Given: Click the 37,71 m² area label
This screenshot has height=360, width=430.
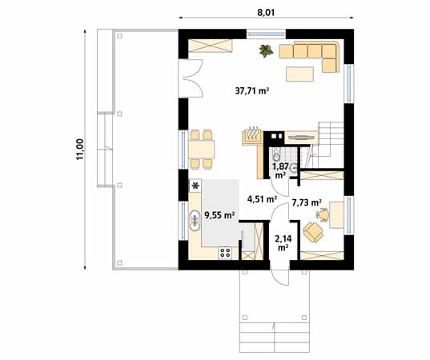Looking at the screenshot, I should [x=251, y=92].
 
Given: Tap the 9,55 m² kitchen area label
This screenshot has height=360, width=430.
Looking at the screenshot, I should [x=218, y=214].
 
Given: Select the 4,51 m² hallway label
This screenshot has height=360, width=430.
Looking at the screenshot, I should [x=261, y=199].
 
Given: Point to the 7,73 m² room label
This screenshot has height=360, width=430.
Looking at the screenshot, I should [x=306, y=202].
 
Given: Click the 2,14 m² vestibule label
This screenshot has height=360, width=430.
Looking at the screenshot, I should [x=283, y=242].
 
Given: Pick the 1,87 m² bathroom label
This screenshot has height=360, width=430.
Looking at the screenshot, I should [x=280, y=169].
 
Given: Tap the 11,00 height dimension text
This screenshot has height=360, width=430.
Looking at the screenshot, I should [x=80, y=150].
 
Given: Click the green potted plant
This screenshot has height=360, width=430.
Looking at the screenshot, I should [x=265, y=51].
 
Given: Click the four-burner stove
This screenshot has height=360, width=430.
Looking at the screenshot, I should [x=226, y=252].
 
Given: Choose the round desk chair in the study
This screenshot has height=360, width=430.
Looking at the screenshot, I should [x=323, y=214].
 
